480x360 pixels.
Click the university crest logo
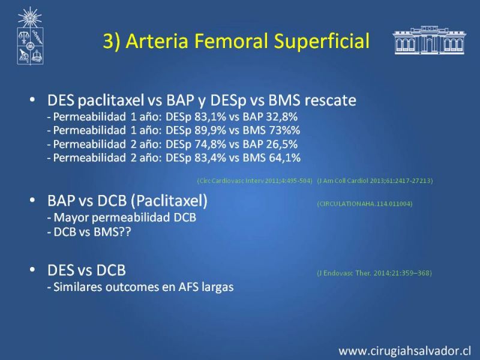point(30,36)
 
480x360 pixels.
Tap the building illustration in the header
point(429,40)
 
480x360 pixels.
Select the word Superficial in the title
point(322,41)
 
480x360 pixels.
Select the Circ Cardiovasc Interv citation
point(254,181)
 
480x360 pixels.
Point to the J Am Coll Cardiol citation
point(375,181)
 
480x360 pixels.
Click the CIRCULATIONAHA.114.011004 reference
point(365,203)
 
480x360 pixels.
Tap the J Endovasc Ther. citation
point(374,273)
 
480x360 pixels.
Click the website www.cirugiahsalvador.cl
point(404,351)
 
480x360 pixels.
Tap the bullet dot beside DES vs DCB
point(32,269)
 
